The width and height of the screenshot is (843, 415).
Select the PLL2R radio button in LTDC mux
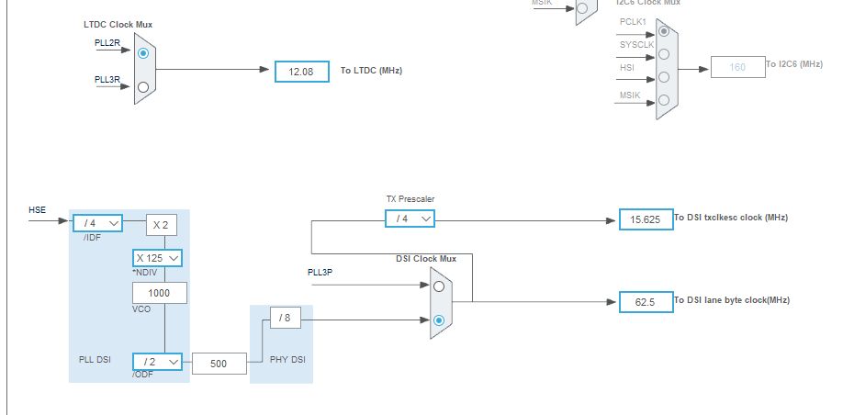[142, 54]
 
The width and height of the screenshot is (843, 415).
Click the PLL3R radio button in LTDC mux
[142, 87]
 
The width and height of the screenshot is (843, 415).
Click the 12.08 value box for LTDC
[301, 71]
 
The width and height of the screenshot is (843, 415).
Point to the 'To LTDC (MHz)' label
[371, 71]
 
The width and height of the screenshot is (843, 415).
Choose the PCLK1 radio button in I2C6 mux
[664, 31]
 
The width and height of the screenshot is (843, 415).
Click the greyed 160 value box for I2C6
[737, 67]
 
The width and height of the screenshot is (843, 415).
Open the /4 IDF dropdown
[97, 222]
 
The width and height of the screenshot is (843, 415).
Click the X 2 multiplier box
[160, 225]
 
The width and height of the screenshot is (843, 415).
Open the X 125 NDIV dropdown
[157, 258]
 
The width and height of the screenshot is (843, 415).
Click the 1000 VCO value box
[159, 293]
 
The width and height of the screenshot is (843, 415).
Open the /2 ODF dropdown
[157, 362]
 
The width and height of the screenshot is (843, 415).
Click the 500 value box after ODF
[219, 364]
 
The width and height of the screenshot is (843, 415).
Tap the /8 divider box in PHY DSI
[285, 319]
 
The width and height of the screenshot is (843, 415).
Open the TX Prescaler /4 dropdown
[410, 219]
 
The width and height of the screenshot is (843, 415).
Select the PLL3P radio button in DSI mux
[439, 286]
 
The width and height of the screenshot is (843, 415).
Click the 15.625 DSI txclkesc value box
[646, 220]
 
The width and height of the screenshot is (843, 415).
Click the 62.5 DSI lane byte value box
[646, 301]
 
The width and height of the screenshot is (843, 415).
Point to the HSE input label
[37, 210]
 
